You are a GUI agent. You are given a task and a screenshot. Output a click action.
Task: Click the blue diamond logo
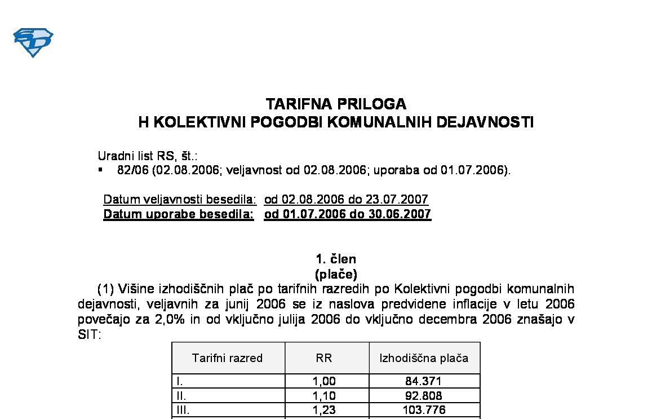tap(33, 42)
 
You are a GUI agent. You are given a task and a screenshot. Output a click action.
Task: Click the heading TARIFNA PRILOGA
tap(336, 104)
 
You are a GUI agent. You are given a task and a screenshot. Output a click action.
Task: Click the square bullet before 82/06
tap(100, 170)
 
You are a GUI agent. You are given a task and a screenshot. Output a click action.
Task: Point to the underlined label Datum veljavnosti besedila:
tap(180, 200)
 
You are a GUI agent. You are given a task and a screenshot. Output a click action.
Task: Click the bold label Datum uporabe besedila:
tap(179, 214)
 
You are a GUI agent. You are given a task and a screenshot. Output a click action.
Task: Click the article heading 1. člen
tap(336, 259)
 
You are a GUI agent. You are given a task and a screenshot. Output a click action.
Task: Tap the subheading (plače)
tap(336, 275)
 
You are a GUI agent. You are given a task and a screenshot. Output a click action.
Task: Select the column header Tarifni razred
tap(227, 358)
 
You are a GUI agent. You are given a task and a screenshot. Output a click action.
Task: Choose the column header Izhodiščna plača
tap(424, 358)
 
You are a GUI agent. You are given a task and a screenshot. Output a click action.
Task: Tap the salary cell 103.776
tap(423, 410)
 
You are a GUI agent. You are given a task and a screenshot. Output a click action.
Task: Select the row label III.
tap(182, 410)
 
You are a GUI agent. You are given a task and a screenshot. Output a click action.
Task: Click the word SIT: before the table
tap(89, 334)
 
